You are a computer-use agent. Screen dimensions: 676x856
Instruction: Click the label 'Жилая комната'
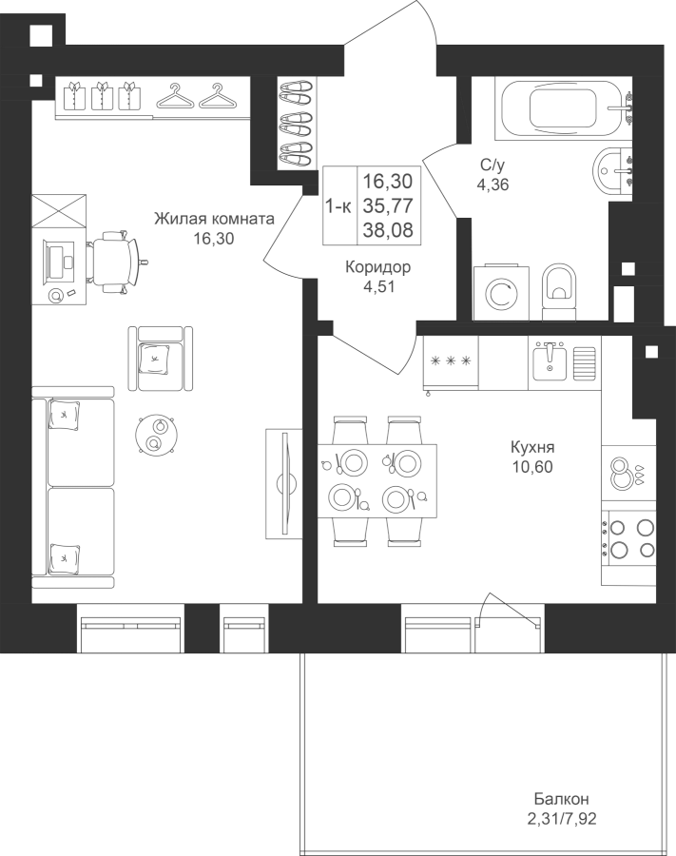click(214, 219)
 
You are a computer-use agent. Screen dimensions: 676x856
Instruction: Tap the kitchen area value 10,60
click(532, 467)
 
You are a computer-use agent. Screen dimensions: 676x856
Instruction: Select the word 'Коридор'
click(378, 267)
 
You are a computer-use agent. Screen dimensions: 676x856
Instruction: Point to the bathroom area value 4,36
click(493, 185)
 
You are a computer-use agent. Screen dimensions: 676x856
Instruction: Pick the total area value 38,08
click(388, 230)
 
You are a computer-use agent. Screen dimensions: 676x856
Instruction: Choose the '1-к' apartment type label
click(338, 206)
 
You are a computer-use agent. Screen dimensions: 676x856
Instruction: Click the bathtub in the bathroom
click(564, 109)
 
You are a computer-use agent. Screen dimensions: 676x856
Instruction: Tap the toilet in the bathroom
click(559, 292)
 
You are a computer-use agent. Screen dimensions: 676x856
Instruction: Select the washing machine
click(501, 293)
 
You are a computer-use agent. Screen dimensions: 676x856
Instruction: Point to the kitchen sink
click(550, 362)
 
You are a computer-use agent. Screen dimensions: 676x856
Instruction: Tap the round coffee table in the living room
click(157, 435)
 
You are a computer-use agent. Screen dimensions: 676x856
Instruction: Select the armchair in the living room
click(161, 359)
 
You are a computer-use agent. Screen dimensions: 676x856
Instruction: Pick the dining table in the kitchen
click(377, 481)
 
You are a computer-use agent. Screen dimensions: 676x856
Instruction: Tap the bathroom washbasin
click(613, 170)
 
